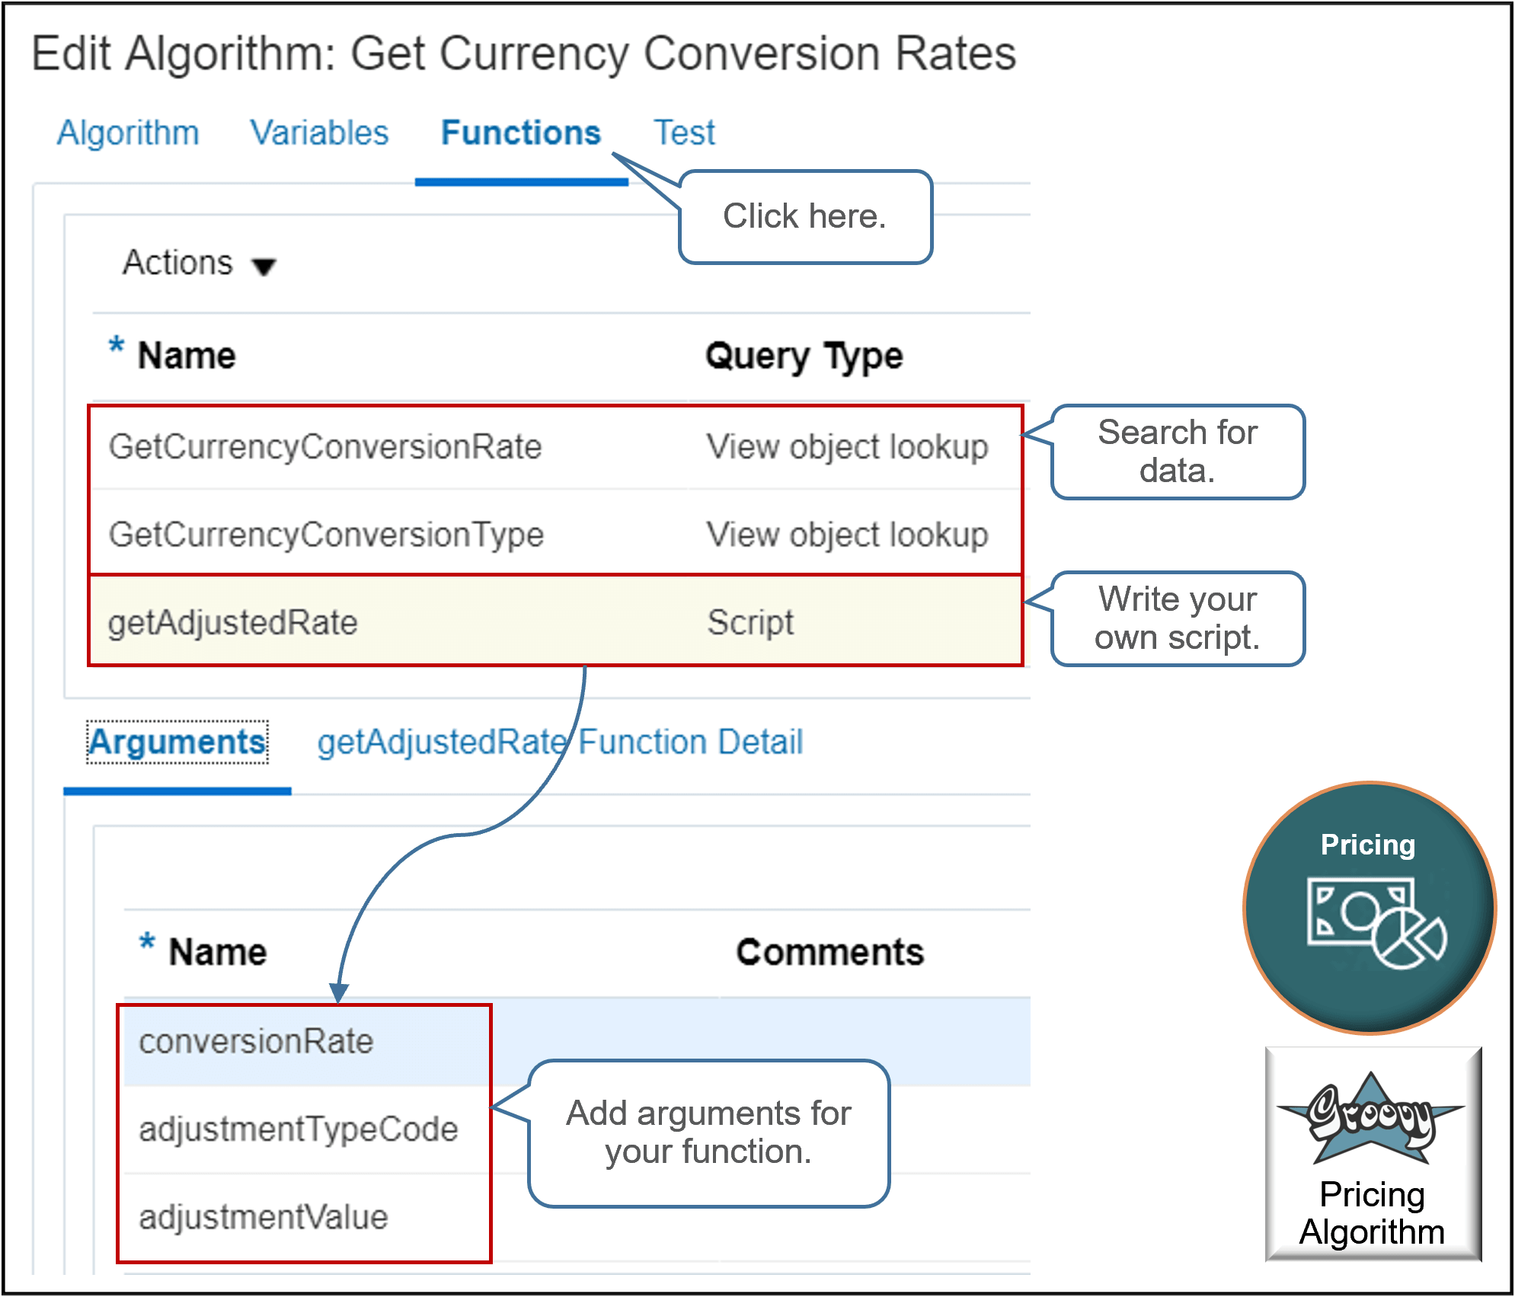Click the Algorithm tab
[128, 133]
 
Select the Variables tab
[319, 133]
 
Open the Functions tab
[521, 133]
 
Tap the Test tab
[684, 133]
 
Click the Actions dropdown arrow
[264, 267]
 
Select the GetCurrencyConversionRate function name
[325, 447]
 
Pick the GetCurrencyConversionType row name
[326, 535]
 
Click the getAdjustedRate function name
[233, 623]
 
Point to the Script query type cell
[750, 623]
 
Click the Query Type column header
[804, 356]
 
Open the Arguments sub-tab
[177, 743]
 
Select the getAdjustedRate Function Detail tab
[560, 743]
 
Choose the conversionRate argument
[256, 1042]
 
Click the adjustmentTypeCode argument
[298, 1129]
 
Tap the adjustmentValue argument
[264, 1217]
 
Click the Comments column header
[829, 953]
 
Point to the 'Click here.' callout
[805, 217]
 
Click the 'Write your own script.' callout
[1177, 618]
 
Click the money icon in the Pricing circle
[1376, 922]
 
